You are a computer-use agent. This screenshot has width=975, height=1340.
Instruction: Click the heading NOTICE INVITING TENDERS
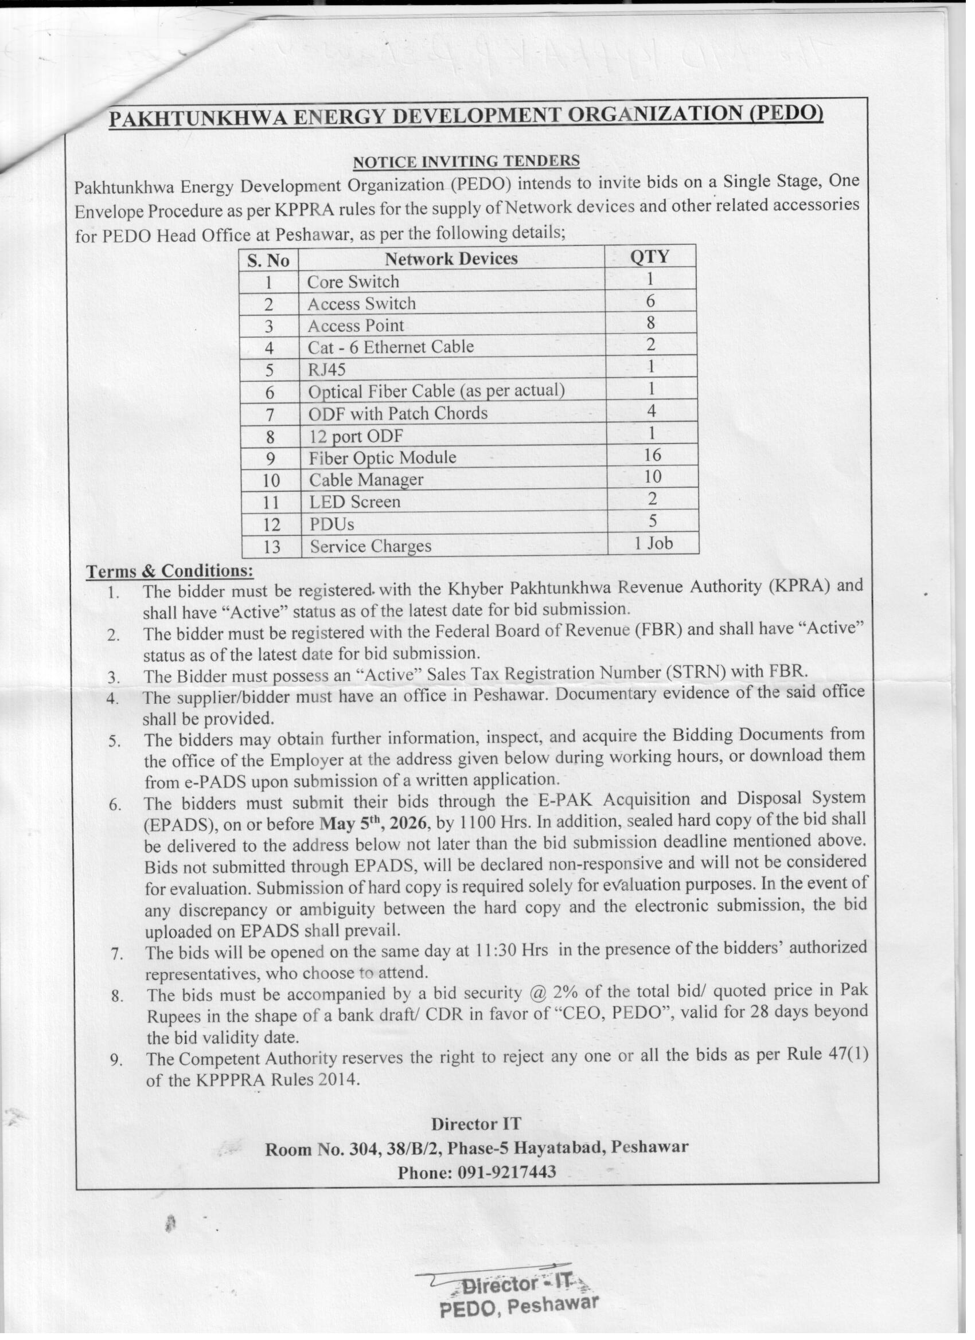[466, 160]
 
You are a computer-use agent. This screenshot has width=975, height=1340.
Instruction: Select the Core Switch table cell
[353, 282]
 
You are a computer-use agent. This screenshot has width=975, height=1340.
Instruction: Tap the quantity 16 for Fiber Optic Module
[653, 455]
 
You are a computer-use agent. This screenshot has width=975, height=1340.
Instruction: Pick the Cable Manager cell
[366, 480]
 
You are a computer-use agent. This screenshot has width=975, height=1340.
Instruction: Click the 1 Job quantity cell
[653, 543]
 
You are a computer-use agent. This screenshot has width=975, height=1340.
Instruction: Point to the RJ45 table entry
[326, 370]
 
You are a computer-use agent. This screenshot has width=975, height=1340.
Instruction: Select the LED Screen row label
[355, 502]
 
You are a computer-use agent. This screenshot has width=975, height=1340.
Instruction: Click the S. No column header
[268, 261]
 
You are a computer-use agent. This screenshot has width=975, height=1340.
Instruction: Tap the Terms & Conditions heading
[170, 571]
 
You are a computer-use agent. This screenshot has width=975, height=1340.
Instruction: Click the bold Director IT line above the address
[476, 1124]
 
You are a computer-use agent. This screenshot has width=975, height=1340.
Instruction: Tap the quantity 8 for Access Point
[650, 323]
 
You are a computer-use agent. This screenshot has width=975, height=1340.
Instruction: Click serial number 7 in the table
[270, 415]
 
